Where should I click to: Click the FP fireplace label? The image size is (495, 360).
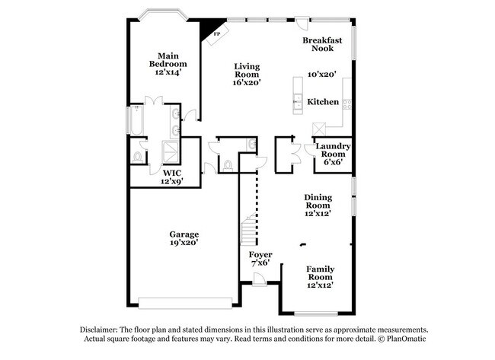pos(216,34)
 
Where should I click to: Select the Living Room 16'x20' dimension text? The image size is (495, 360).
pos(247,82)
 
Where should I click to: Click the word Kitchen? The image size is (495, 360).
pos(323,102)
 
